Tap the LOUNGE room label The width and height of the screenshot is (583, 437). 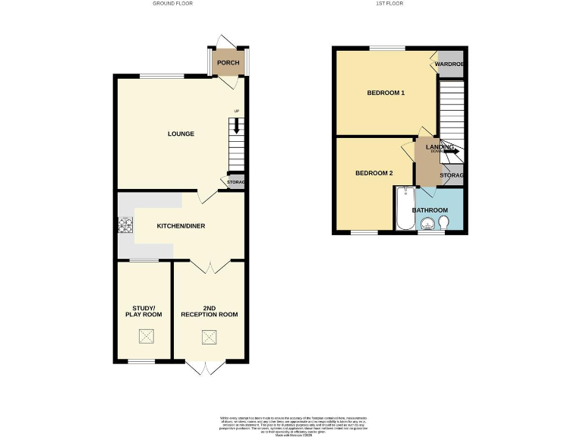pyautogui.click(x=181, y=134)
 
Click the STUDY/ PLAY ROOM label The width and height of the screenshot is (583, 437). pyautogui.click(x=144, y=310)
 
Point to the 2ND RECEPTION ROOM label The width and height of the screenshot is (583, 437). pyautogui.click(x=209, y=310)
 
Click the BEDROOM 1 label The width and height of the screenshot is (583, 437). pyautogui.click(x=386, y=93)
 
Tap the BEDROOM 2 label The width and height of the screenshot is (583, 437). pyautogui.click(x=374, y=173)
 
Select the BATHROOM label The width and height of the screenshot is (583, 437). pyautogui.click(x=430, y=209)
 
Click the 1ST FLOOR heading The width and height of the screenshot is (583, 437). pyautogui.click(x=389, y=4)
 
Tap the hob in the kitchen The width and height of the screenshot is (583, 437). pyautogui.click(x=124, y=225)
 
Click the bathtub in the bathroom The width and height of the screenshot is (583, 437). pyautogui.click(x=403, y=210)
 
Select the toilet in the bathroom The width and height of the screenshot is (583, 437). pyautogui.click(x=444, y=222)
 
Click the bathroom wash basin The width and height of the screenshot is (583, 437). pyautogui.click(x=428, y=223)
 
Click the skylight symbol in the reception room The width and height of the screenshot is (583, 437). pyautogui.click(x=209, y=338)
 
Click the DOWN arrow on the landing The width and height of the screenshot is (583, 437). pyautogui.click(x=451, y=151)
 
